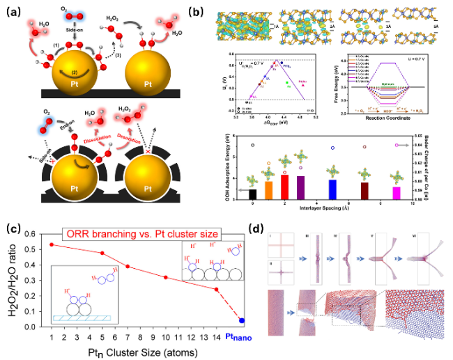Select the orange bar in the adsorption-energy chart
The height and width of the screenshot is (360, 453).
[269, 191]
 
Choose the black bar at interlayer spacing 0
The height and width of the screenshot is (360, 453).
[252, 194]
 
